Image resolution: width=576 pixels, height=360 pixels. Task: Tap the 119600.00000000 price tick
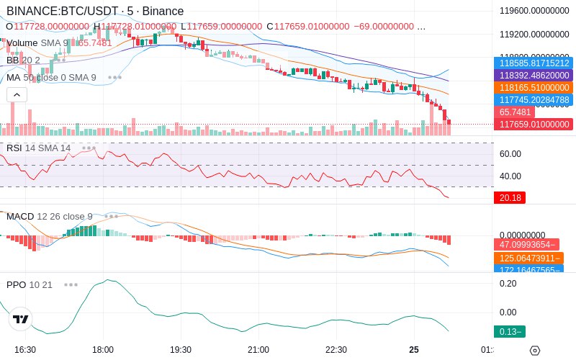click(x=534, y=11)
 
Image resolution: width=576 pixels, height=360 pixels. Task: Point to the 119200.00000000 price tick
click(x=534, y=34)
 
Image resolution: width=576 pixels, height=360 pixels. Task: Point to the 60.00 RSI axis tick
click(x=510, y=153)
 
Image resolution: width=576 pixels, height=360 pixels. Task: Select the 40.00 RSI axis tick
click(x=510, y=176)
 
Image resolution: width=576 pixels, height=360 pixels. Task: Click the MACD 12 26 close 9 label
click(x=49, y=216)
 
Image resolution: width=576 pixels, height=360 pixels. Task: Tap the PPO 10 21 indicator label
click(x=30, y=284)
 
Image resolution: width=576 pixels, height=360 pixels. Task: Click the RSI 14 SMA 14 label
click(x=38, y=148)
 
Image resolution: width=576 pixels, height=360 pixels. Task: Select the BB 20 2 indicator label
click(x=23, y=60)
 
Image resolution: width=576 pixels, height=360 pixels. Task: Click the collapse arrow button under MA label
click(x=17, y=94)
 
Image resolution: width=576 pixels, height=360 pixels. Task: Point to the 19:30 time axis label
click(x=180, y=349)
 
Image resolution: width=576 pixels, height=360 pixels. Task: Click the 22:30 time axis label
click(x=336, y=349)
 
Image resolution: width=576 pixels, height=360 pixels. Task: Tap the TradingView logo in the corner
click(x=20, y=319)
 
